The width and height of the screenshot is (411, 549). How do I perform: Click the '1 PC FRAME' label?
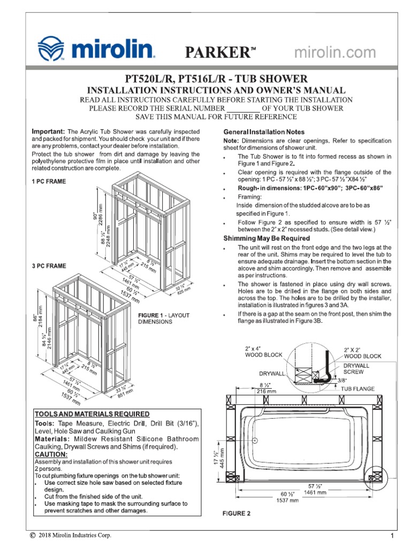coord(49,182)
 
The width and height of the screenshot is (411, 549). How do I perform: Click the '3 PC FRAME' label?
coord(49,266)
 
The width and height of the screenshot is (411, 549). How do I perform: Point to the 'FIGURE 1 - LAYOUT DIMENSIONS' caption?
coord(164,318)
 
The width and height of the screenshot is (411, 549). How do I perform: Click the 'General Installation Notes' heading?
coord(263,132)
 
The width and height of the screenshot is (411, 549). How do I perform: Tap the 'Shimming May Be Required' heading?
coord(266,238)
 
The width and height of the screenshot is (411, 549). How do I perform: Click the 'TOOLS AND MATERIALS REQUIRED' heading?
coord(92,414)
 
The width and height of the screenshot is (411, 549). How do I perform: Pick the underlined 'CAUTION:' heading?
coord(51,454)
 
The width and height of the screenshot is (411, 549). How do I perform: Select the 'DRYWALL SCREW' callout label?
coord(357,368)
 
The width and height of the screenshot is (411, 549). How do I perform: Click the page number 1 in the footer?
coord(392,536)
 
